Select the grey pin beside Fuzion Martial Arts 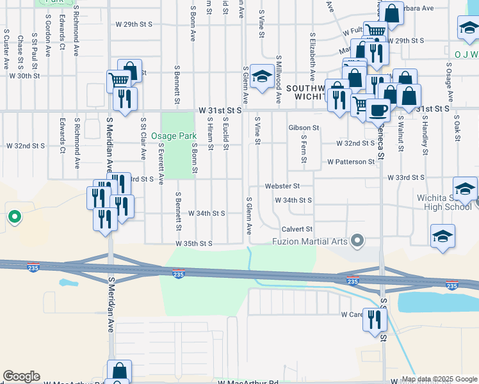(x=358, y=241)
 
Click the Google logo (x=21, y=376)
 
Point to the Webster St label (x=282, y=186)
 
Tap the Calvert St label (x=296, y=229)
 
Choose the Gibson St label (x=304, y=128)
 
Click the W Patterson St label (x=350, y=162)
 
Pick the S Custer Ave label (x=6, y=48)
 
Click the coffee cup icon (x=378, y=109)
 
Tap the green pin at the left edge (x=14, y=216)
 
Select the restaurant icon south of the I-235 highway (x=375, y=318)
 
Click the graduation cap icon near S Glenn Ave (x=261, y=76)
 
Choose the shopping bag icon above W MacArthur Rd (x=119, y=371)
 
